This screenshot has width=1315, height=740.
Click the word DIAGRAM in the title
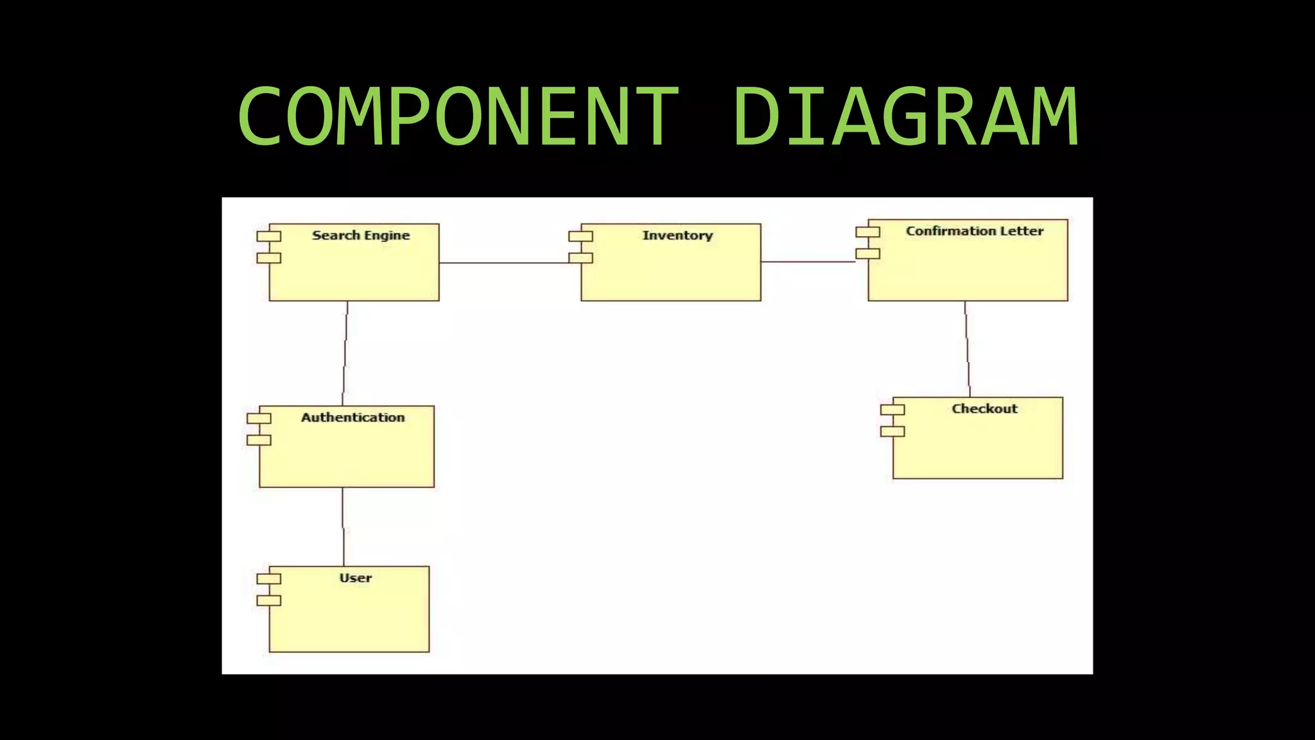pyautogui.click(x=905, y=117)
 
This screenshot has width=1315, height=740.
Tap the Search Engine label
pyautogui.click(x=361, y=235)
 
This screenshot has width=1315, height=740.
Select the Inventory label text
pyautogui.click(x=677, y=235)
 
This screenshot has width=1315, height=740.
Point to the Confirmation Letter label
pyautogui.click(x=974, y=231)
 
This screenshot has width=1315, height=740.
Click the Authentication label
pyautogui.click(x=353, y=418)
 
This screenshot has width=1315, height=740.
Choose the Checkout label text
pyautogui.click(x=984, y=409)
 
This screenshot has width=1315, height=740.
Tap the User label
pyautogui.click(x=355, y=577)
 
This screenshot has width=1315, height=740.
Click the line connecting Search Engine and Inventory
pyautogui.click(x=504, y=263)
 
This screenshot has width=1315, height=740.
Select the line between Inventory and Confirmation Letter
pyautogui.click(x=808, y=261)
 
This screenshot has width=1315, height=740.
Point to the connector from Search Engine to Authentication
pyautogui.click(x=345, y=353)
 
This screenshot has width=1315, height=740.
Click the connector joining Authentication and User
pyautogui.click(x=343, y=527)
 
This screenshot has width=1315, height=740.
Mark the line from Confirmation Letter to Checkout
pyautogui.click(x=967, y=349)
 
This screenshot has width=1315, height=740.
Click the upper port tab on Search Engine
pyautogui.click(x=269, y=236)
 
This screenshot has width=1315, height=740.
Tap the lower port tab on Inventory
pyautogui.click(x=580, y=258)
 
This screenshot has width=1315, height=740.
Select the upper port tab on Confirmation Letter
pyautogui.click(x=867, y=232)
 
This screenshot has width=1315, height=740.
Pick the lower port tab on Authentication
pyautogui.click(x=259, y=440)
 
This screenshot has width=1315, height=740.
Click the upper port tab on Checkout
pyautogui.click(x=892, y=410)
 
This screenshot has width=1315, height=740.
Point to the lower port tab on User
pyautogui.click(x=269, y=601)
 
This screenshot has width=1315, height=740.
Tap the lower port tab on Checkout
pyautogui.click(x=892, y=432)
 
